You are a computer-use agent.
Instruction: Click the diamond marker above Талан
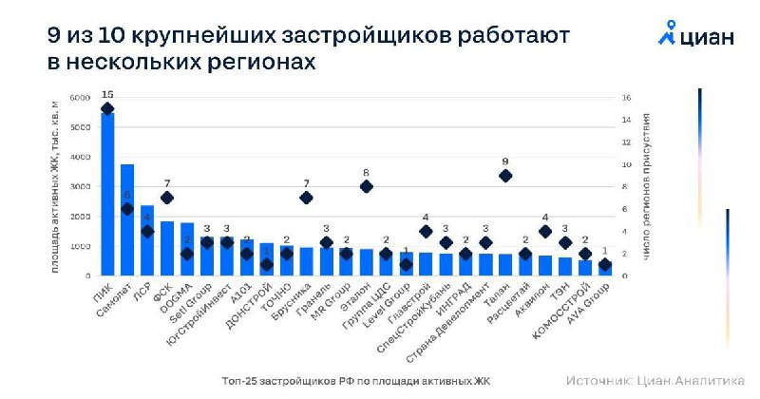(x=505, y=176)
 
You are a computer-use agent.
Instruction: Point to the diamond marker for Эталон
(x=366, y=186)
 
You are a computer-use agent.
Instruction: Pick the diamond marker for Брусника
(x=306, y=198)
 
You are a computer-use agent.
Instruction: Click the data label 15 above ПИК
(x=107, y=95)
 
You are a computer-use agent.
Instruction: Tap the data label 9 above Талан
(x=505, y=161)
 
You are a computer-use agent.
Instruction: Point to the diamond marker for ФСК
(x=167, y=198)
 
